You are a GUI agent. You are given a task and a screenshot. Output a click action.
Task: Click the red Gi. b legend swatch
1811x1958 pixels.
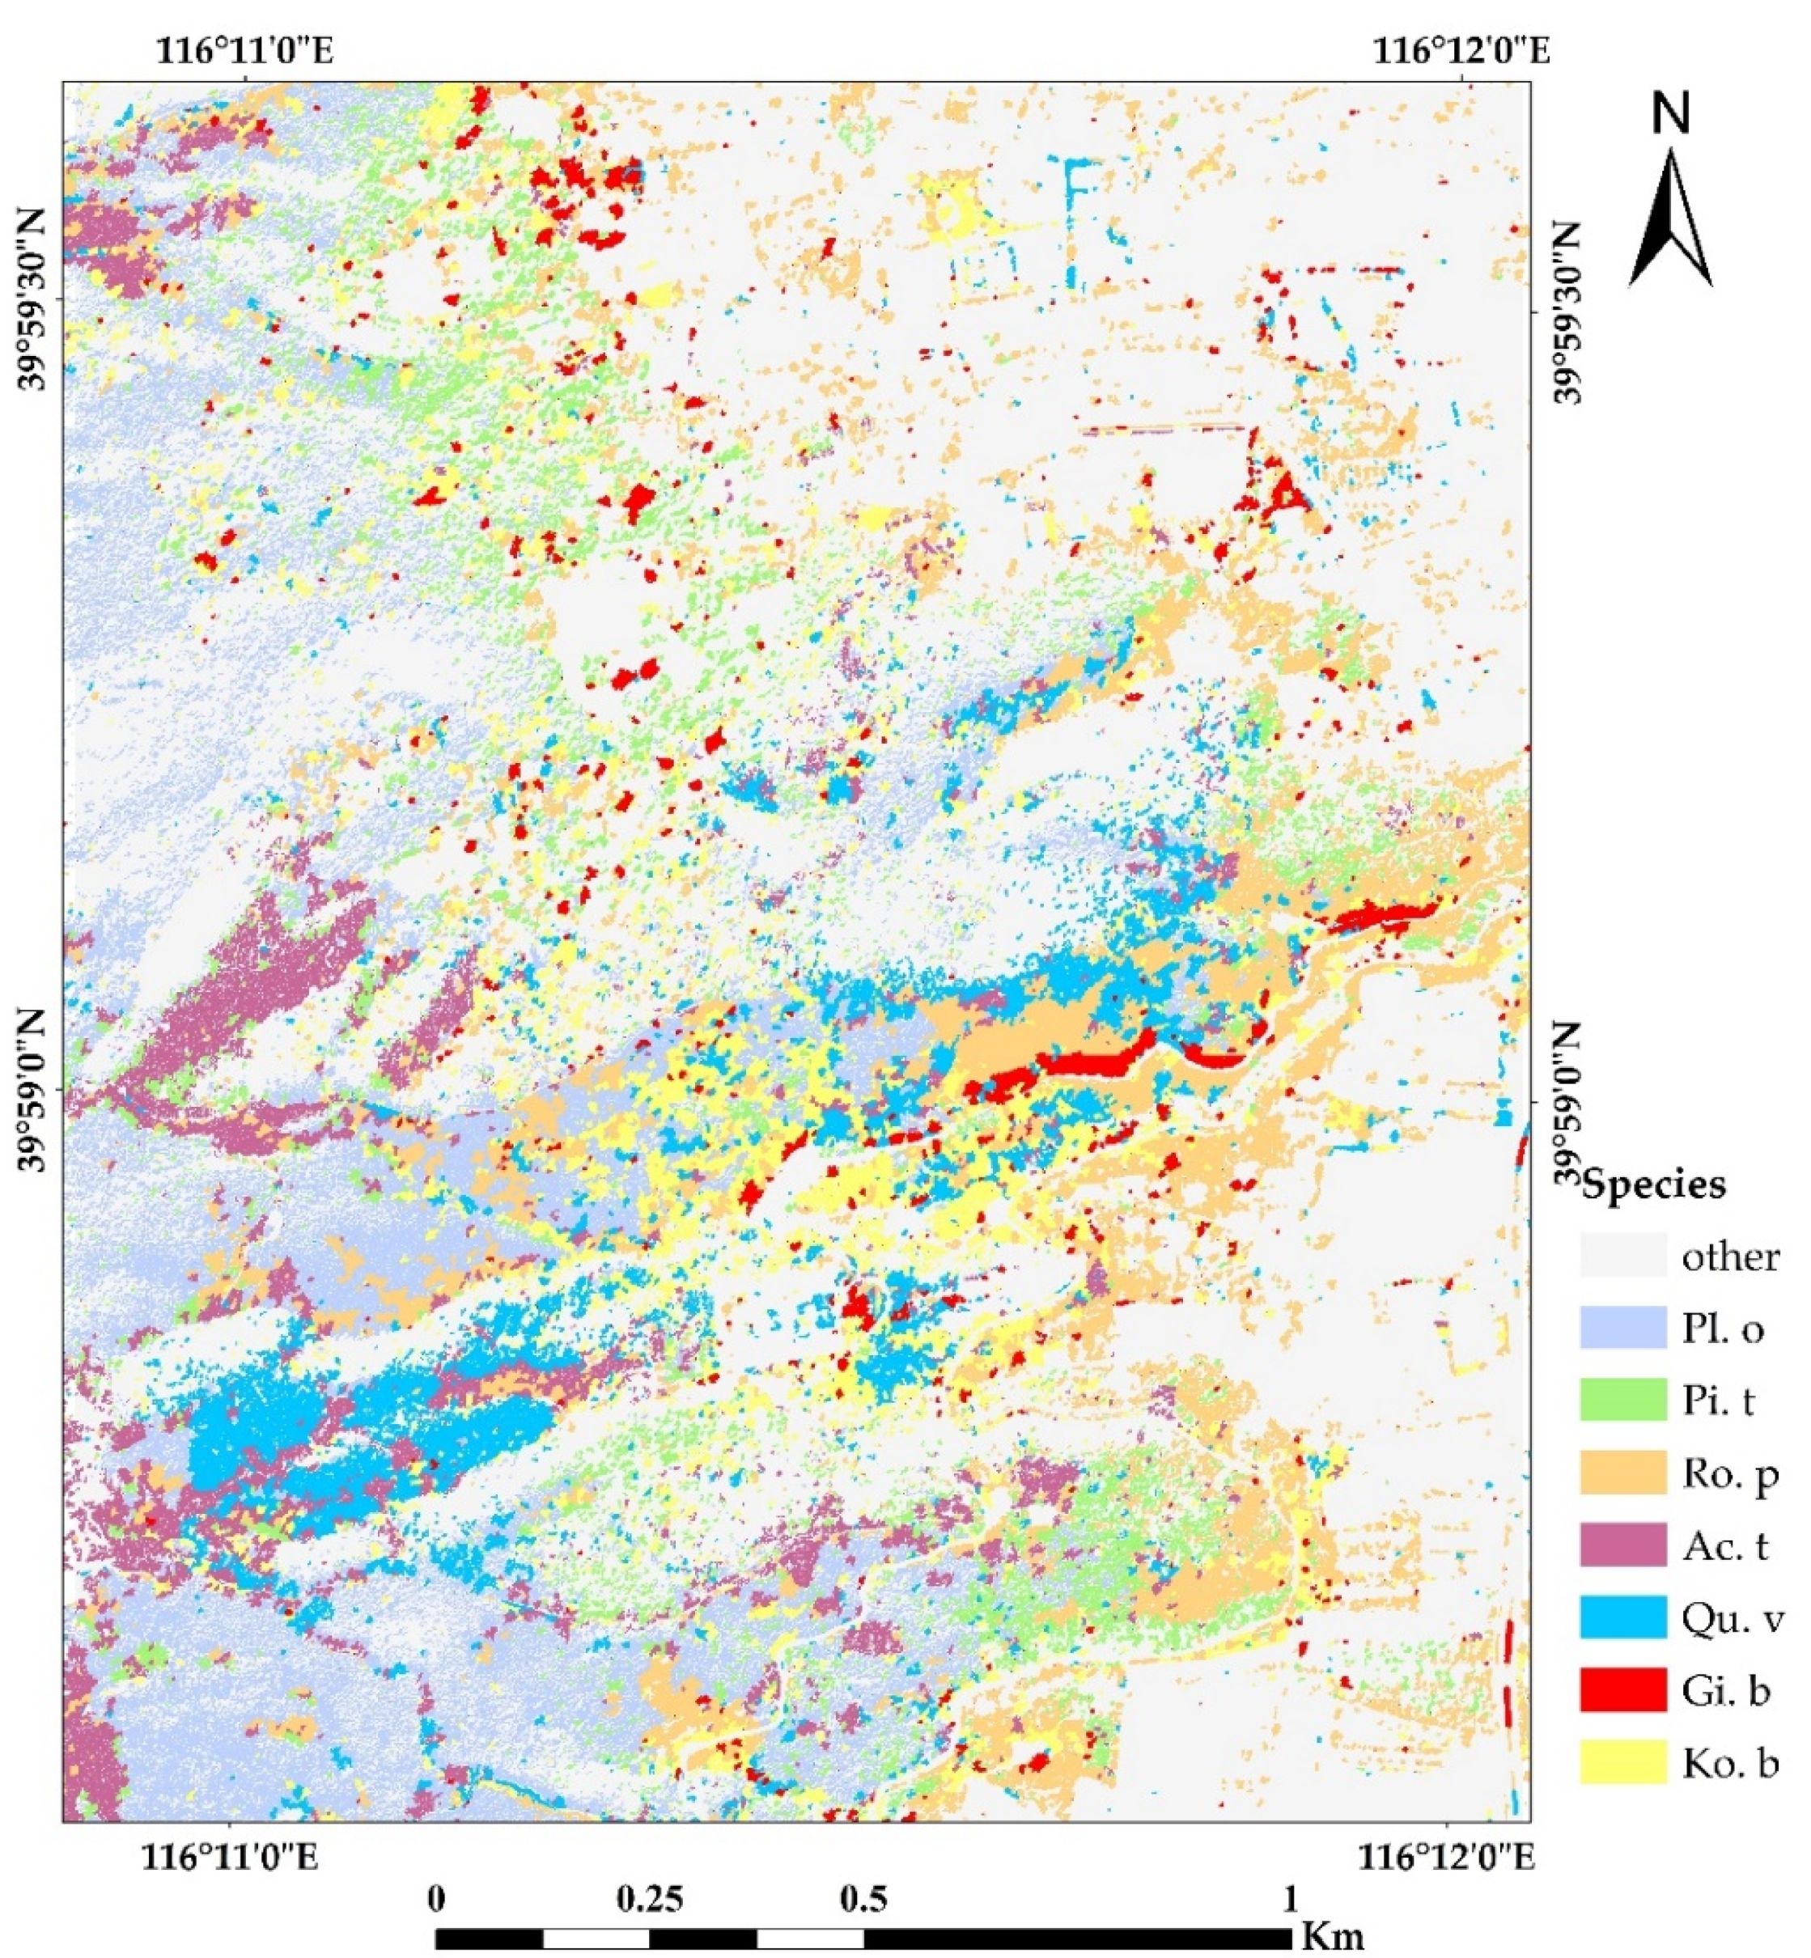coord(1622,1689)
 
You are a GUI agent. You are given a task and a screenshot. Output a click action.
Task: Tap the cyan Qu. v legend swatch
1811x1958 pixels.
coord(1622,1617)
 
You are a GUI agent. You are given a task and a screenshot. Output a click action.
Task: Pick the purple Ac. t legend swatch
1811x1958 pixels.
coord(1622,1545)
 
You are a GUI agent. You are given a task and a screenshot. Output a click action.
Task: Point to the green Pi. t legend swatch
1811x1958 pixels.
coord(1622,1401)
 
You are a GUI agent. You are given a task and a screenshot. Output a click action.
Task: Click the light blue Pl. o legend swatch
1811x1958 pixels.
coord(1622,1328)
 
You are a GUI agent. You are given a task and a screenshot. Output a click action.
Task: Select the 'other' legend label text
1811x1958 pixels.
coord(1731,1257)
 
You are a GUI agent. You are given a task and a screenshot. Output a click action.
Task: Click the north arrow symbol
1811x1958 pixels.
coord(1671,221)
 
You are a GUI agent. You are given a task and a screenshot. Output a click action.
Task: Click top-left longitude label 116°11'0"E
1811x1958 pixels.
coord(245,49)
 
